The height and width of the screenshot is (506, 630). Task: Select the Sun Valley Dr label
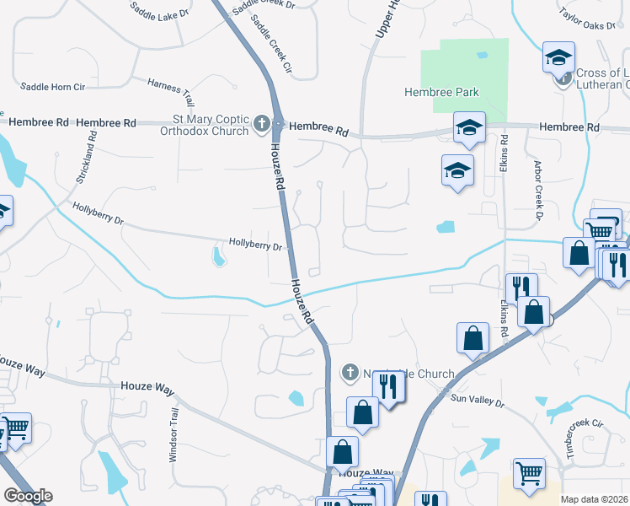476,402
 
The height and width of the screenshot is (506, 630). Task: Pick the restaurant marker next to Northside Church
388,387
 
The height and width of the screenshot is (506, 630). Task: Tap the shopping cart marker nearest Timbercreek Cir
529,473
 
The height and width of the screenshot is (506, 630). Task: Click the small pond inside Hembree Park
481,55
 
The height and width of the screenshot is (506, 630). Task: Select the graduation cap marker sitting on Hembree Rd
468,127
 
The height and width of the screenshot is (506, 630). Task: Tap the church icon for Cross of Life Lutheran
563,78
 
